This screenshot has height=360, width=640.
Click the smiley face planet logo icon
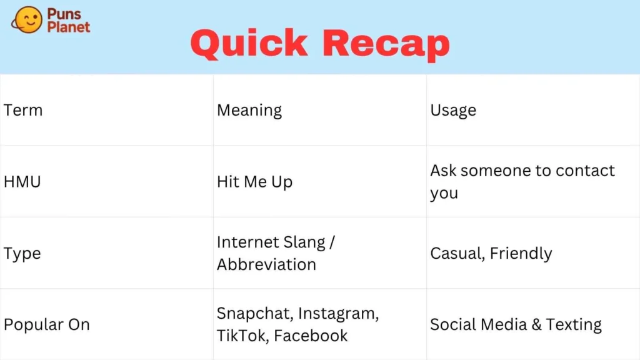coord(27,19)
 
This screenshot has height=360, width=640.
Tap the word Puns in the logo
coord(64,14)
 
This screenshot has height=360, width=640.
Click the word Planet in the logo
coord(69,27)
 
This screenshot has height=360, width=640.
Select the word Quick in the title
coord(249,44)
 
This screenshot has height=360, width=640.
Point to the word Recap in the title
coord(386,45)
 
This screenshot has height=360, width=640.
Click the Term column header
coord(23,110)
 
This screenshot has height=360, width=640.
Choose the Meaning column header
coord(249,111)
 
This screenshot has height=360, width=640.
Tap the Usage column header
coord(453,111)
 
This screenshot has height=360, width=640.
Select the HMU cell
coord(22,182)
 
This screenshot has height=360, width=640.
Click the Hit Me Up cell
coord(255,182)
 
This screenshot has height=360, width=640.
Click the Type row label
coord(22,254)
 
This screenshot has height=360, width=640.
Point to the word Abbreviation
coord(266,264)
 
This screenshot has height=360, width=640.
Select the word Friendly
coord(521,254)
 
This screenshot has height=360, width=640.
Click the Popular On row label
coord(46,325)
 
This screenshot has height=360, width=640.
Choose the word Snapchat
coord(255,314)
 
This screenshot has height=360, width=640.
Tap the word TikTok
coord(242,336)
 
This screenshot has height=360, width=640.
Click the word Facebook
coord(311,336)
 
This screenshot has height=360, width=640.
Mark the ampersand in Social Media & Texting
coord(537,325)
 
